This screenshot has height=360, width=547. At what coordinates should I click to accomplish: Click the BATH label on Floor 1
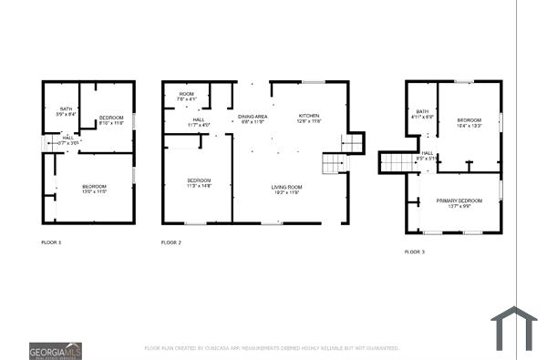(x=60, y=111)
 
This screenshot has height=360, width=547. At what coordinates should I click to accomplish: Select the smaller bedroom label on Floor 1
(x=111, y=118)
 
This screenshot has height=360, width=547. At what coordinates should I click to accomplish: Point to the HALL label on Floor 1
(x=68, y=139)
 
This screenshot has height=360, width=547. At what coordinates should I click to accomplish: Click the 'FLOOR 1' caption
(x=52, y=242)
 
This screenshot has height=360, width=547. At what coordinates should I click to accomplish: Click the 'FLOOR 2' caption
(x=171, y=242)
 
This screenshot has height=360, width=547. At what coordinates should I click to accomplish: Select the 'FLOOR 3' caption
(x=415, y=252)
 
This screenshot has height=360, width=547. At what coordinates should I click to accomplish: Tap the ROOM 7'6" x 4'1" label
(x=186, y=97)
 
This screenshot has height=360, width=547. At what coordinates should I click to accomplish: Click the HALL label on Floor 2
(x=199, y=121)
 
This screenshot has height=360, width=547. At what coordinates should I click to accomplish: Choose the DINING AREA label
(x=253, y=118)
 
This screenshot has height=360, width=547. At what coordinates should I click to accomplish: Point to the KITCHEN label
(x=310, y=118)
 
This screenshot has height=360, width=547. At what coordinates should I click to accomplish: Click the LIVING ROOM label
(x=286, y=190)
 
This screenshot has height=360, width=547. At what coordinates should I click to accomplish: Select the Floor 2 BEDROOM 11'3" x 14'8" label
(x=199, y=182)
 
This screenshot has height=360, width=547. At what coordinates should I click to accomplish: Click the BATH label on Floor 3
(x=421, y=114)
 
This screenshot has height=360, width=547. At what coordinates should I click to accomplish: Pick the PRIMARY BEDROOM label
(x=459, y=202)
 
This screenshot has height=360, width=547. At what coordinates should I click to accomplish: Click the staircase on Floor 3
(x=397, y=162)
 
